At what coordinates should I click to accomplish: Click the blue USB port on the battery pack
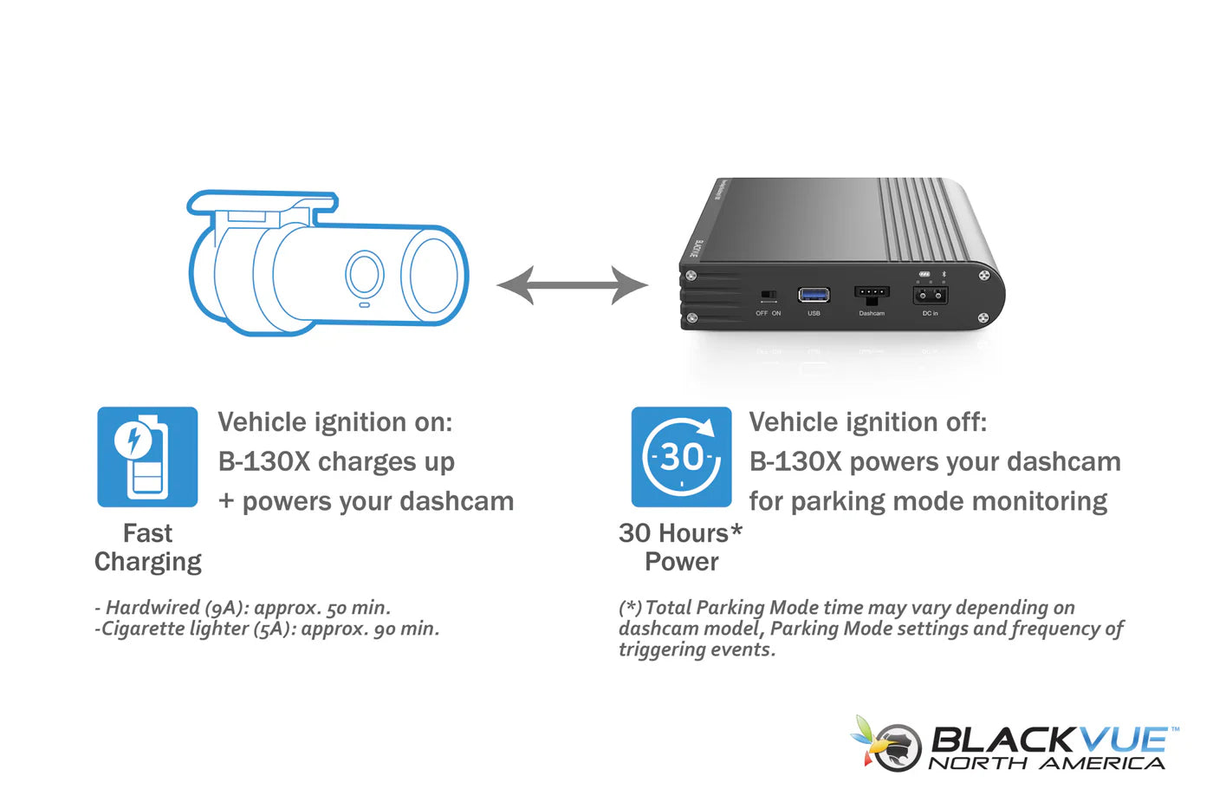(814, 296)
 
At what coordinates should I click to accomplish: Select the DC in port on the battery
(930, 296)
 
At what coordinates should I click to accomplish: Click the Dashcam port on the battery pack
(872, 293)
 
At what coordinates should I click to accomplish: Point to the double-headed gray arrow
(572, 285)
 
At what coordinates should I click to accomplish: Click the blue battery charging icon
(147, 457)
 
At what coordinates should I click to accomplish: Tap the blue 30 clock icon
(681, 457)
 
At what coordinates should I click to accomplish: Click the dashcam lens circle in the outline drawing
(365, 275)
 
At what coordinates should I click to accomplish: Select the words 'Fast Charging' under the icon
(148, 547)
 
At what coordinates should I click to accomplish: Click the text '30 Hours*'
(680, 532)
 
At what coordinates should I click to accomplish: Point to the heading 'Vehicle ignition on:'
(335, 422)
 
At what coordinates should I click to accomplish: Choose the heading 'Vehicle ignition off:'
(868, 422)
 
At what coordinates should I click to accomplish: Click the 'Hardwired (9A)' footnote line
(243, 608)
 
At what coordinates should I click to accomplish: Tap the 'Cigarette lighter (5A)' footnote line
(267, 629)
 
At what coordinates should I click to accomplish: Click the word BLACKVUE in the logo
(1048, 740)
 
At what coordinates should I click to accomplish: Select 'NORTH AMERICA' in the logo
(1047, 764)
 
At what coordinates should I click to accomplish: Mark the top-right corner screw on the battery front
(984, 276)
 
